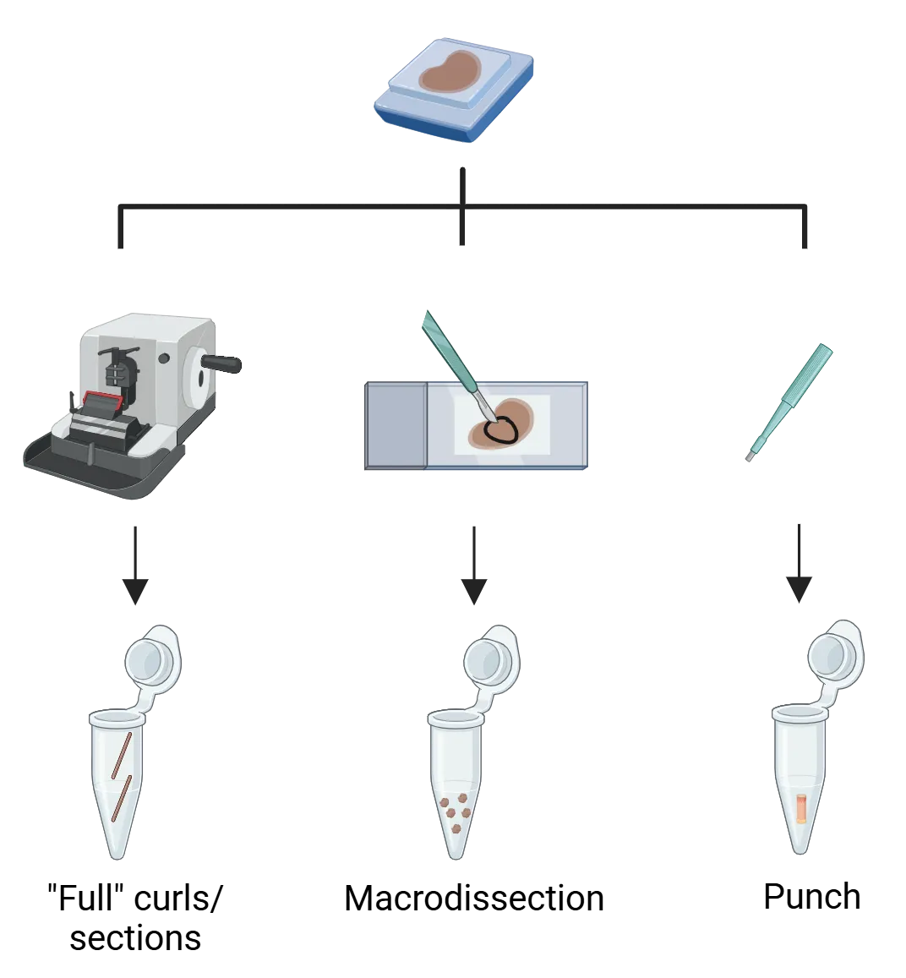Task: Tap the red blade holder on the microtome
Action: tap(101, 400)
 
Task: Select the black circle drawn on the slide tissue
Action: tap(505, 430)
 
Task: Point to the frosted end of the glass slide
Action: tap(395, 425)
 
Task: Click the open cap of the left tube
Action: tap(150, 654)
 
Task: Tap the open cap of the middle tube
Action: tap(489, 654)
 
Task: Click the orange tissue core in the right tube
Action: tap(799, 807)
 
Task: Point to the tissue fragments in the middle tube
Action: tap(456, 808)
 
